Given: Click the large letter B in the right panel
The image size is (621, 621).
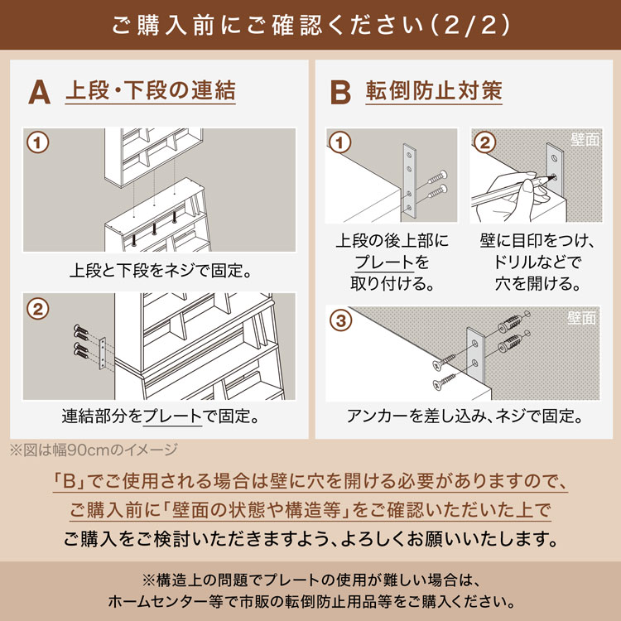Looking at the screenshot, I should pyautogui.click(x=340, y=92).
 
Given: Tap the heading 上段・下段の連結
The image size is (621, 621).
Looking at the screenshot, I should pyautogui.click(x=150, y=90).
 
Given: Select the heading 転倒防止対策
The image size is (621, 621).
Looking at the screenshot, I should pyautogui.click(x=434, y=90).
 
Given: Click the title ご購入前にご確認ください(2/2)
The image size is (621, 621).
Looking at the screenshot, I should pyautogui.click(x=310, y=24).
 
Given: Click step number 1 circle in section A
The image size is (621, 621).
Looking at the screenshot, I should pyautogui.click(x=37, y=142).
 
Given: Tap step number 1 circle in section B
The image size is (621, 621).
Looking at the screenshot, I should pyautogui.click(x=339, y=142).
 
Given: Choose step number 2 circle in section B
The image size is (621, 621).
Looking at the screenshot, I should pyautogui.click(x=485, y=142).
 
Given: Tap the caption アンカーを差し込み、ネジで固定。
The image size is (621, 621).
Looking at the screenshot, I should pyautogui.click(x=463, y=415).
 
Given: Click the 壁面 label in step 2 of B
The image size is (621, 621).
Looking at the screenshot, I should pyautogui.click(x=585, y=140).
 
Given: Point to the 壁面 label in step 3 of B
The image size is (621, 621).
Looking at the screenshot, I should pyautogui.click(x=582, y=317).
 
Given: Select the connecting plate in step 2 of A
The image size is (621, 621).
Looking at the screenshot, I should pyautogui.click(x=102, y=353).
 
